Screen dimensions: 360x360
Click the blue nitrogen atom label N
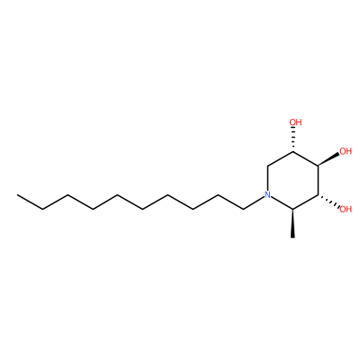tap(267, 195)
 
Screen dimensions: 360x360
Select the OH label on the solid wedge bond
tap(345, 151)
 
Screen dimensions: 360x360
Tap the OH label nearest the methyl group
tap(345, 209)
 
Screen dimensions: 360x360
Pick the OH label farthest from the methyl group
tap(295, 122)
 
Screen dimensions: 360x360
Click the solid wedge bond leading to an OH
tap(328, 158)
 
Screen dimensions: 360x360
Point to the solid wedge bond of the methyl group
tap(292, 223)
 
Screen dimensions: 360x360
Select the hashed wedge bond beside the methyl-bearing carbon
tap(328, 202)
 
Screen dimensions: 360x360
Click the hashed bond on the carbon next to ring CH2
tap(293, 139)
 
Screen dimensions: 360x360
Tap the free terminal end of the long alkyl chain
tap(17, 195)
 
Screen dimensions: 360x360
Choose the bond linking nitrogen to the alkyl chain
tap(254, 202)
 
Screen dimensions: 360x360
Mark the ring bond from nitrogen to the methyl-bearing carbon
tap(282, 203)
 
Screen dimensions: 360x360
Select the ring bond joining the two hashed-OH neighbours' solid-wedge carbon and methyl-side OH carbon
tap(318, 180)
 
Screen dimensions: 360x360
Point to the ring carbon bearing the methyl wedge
tap(292, 209)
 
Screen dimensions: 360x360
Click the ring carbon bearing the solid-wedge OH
tap(318, 166)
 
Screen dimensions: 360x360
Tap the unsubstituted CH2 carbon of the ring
tap(267, 166)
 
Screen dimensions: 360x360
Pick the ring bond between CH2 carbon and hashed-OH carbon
tap(280, 158)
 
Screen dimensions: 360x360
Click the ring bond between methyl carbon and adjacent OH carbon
tap(305, 202)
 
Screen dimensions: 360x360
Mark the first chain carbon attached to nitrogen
tap(243, 209)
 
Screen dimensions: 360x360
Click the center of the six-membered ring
tap(292, 180)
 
